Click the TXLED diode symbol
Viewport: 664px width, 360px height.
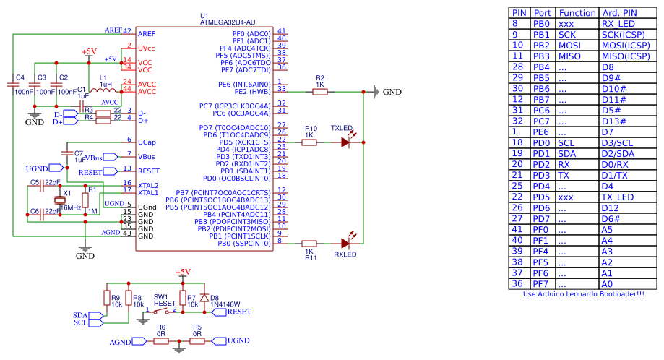pos(345,142)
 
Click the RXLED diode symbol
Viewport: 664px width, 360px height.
pos(345,244)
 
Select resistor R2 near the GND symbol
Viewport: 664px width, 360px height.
pos(319,92)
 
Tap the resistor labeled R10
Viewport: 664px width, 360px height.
pos(309,142)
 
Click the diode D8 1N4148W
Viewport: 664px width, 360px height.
pos(204,298)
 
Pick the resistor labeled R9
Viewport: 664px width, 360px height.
pos(106,299)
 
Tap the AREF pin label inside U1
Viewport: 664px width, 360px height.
pos(147,34)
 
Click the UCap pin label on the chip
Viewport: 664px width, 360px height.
pos(147,142)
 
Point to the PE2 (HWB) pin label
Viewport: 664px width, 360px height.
pos(251,92)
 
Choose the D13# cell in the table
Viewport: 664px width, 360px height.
pos(615,121)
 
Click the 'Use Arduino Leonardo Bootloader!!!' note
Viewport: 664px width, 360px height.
pos(583,294)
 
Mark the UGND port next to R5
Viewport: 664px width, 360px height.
pos(237,340)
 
